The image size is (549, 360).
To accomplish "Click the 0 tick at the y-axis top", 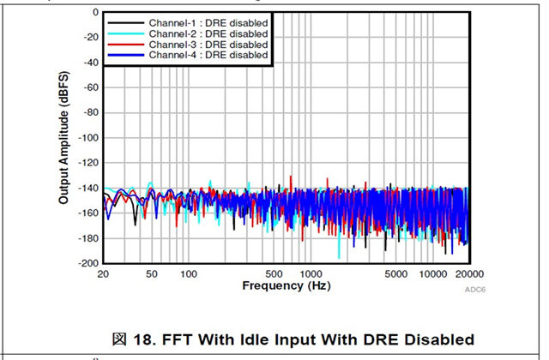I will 95,13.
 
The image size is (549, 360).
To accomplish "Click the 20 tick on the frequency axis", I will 104,273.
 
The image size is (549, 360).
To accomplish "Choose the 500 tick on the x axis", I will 274,273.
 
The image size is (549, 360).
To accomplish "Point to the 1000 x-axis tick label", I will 311,273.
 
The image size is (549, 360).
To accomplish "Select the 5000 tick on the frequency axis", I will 395,273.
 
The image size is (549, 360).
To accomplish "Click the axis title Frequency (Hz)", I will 286,285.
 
